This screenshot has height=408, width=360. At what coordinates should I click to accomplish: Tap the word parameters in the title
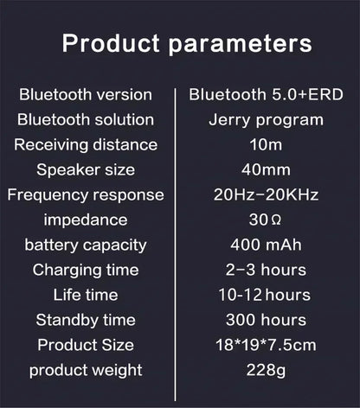pos(235,44)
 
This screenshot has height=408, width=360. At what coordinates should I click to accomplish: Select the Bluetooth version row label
pos(85,94)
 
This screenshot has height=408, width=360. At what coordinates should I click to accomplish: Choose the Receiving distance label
pos(86,144)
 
